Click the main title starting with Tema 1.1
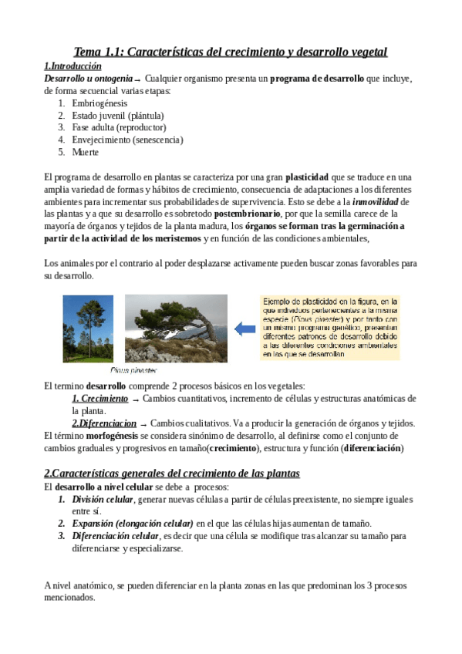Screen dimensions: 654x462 pos(230,52)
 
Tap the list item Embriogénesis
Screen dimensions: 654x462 pos(99,103)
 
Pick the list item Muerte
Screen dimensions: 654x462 pos(85,152)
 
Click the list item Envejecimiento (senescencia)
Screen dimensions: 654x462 pos(127,140)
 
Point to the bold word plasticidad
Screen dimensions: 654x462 pos(312,177)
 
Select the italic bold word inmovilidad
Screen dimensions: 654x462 pos(374,201)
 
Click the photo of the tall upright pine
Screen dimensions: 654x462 pos(87,328)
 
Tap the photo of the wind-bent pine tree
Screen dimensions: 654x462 pos(176,328)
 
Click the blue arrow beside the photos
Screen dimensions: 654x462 pos(245,329)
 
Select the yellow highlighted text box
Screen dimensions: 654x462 pos(330,328)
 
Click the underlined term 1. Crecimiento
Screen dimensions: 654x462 pos(99,398)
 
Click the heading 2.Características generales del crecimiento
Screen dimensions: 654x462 pos(171,473)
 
